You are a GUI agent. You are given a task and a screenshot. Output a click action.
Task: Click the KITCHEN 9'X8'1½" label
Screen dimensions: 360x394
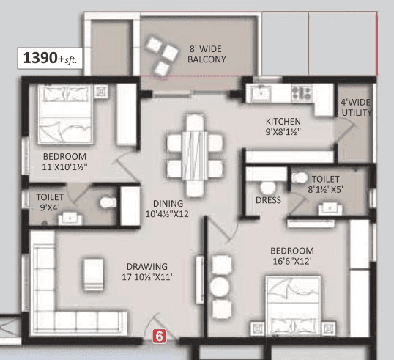(x=283, y=126)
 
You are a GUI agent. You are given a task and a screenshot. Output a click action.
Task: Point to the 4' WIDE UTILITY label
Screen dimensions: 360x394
(x=356, y=107)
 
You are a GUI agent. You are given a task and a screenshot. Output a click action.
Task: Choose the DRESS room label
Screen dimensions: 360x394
(x=269, y=199)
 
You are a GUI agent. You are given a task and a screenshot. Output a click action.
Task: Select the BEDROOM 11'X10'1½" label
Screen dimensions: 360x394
(x=64, y=162)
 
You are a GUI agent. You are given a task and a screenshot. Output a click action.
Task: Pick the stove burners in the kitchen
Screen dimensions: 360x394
(x=301, y=92)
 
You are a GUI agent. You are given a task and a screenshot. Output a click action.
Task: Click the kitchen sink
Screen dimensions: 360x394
(x=261, y=93)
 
